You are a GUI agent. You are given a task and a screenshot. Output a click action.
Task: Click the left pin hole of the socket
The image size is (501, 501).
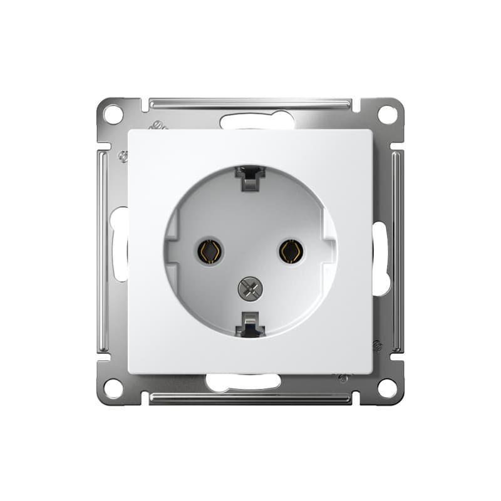coord(209,251)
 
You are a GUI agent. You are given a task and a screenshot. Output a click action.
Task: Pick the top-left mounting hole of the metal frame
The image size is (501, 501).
coord(113,115)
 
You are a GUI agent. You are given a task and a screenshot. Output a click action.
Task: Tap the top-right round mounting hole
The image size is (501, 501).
coord(387,115)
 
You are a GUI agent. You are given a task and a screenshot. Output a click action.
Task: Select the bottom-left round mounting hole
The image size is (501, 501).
coord(113,388)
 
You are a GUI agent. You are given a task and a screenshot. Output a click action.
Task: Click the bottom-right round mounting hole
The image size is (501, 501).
coord(387,388)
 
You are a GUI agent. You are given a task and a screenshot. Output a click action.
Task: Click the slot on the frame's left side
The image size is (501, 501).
coord(118,244)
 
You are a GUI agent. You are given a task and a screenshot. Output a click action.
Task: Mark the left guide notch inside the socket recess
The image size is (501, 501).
coord(173,250)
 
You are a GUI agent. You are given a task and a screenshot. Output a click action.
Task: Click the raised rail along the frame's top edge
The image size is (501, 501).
coord(250,103)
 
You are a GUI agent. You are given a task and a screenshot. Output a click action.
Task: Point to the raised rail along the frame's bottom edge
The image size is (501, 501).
coord(250,398)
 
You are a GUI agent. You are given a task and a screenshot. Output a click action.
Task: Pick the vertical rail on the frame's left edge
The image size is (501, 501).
coord(103,250)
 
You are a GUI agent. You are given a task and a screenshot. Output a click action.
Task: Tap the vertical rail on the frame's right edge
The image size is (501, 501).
coord(398,250)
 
